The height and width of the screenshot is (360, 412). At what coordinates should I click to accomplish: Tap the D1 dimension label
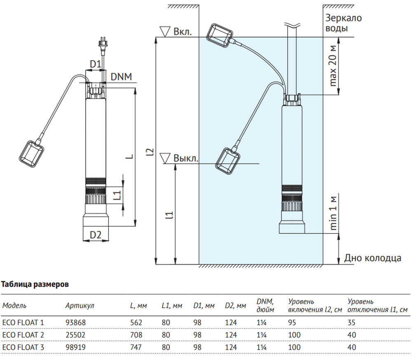point(96,64)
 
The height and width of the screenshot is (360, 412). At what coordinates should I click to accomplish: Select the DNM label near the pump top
point(121,77)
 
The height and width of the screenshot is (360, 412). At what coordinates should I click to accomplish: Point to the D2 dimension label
point(96,235)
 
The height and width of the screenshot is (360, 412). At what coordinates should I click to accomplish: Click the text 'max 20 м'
point(332,66)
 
